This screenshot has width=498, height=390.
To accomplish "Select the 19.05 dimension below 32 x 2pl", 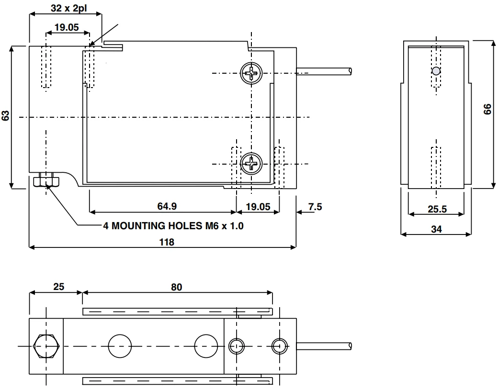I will point(66,27).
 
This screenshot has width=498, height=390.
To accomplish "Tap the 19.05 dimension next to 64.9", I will point(258,206).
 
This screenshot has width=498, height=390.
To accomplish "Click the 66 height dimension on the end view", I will point(487,109).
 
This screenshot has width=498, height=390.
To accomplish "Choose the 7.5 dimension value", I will point(315,206).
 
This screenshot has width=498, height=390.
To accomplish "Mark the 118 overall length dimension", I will point(167,242).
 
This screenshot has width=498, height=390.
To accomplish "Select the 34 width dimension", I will point(436,229).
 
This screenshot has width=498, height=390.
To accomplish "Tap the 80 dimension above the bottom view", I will point(177,287).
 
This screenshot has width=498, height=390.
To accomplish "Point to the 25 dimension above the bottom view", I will point(58,287).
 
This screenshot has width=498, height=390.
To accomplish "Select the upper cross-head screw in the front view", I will point(251,73).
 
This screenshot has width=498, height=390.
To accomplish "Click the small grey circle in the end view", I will point(436,71).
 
